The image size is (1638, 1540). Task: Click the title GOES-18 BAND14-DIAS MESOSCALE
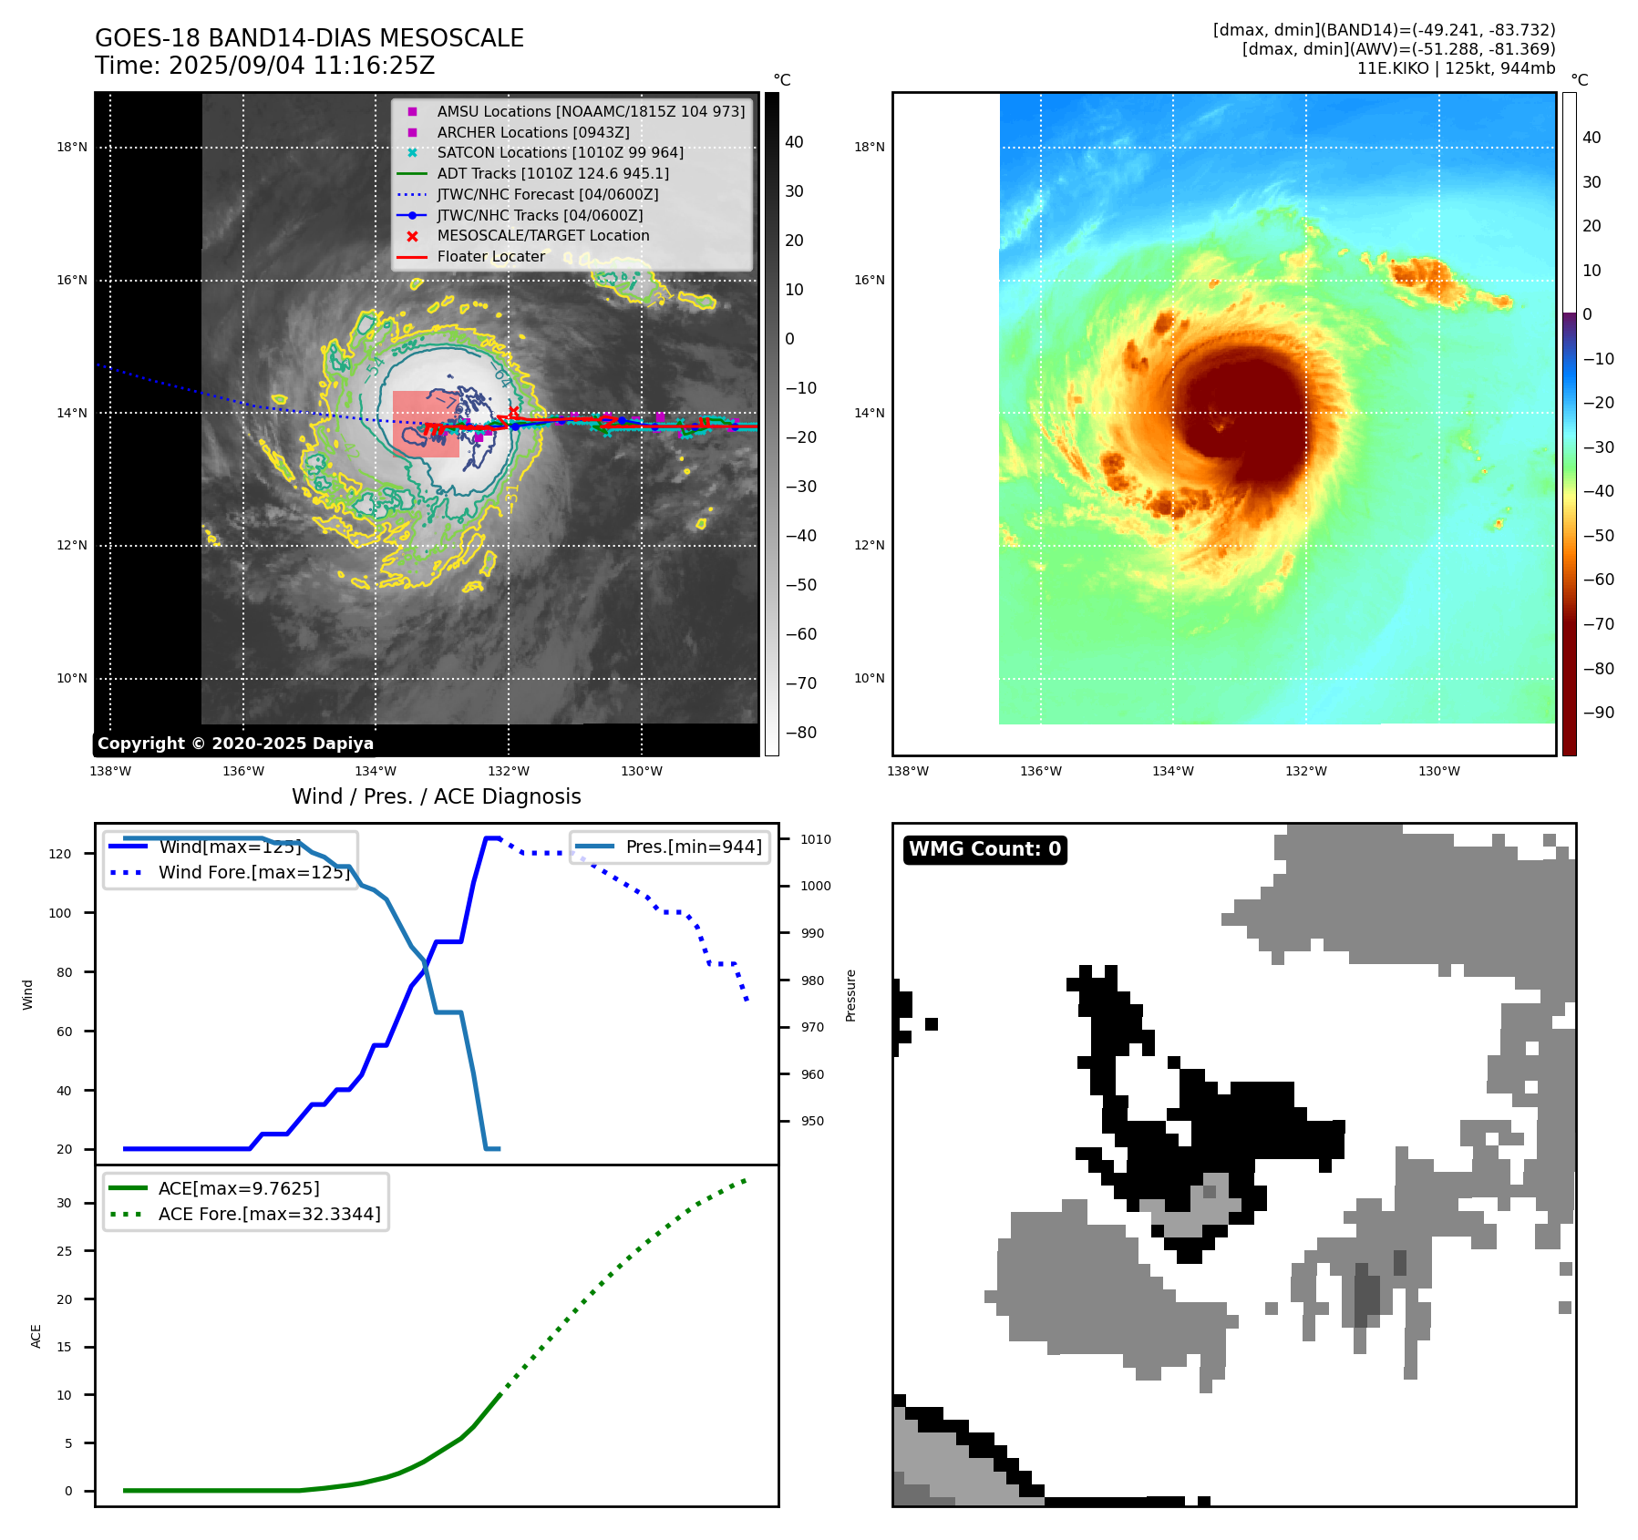click(309, 38)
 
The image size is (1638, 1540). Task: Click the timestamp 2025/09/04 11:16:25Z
click(301, 66)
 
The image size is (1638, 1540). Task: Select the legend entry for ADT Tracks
click(552, 173)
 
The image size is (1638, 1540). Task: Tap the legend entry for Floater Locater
click(490, 256)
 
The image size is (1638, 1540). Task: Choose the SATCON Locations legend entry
click(560, 152)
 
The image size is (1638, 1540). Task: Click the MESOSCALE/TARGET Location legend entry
click(543, 235)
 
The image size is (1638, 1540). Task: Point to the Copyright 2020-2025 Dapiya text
click(235, 744)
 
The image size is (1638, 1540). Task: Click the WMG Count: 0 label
click(984, 849)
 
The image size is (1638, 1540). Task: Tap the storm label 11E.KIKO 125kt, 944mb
click(1456, 68)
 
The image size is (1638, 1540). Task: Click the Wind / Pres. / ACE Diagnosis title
click(436, 796)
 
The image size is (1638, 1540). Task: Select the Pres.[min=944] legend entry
click(693, 847)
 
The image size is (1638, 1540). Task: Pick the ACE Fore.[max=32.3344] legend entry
click(269, 1214)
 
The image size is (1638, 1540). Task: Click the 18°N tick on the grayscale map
click(72, 147)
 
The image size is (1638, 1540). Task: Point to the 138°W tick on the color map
click(908, 771)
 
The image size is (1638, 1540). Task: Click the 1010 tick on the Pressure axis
click(816, 839)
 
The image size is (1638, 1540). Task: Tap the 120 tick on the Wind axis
click(59, 854)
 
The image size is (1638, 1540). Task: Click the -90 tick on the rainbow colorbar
click(1598, 713)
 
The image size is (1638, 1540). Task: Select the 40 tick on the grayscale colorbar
click(794, 142)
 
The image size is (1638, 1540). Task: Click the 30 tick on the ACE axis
click(64, 1203)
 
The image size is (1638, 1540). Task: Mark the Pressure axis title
click(850, 995)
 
